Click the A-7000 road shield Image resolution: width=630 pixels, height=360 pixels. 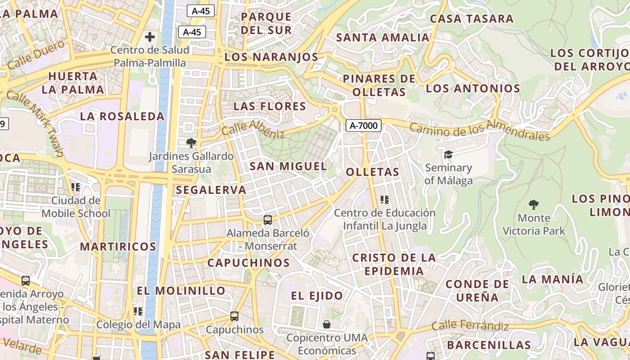point(364,126)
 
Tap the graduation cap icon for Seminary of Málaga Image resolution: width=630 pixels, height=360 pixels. point(448,155)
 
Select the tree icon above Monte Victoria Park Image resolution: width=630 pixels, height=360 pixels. point(533,205)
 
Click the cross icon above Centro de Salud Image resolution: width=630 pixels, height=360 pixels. point(150,37)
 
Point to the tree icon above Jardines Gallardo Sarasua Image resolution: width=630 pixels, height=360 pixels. point(191,143)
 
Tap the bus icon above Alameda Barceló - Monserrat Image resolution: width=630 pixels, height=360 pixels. point(268,220)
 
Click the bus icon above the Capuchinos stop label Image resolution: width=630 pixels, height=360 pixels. point(234,316)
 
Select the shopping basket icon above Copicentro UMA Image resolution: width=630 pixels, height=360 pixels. point(327,324)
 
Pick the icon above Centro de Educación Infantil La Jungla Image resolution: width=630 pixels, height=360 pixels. point(385,199)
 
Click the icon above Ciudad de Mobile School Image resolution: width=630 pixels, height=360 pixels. point(76,187)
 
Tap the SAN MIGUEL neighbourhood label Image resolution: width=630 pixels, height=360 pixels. point(288,166)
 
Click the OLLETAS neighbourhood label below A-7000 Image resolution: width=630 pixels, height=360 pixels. point(373,172)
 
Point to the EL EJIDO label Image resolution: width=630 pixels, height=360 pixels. point(317,296)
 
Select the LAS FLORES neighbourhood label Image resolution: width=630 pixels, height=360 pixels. point(270,106)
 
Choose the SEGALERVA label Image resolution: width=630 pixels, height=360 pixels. point(211,190)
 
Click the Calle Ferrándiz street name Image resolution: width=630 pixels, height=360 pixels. point(470,326)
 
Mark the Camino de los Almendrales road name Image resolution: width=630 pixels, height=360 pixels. point(479,130)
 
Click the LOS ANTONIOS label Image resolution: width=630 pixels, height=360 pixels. point(473,88)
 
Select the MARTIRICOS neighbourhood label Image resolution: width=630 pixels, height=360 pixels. point(118,247)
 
